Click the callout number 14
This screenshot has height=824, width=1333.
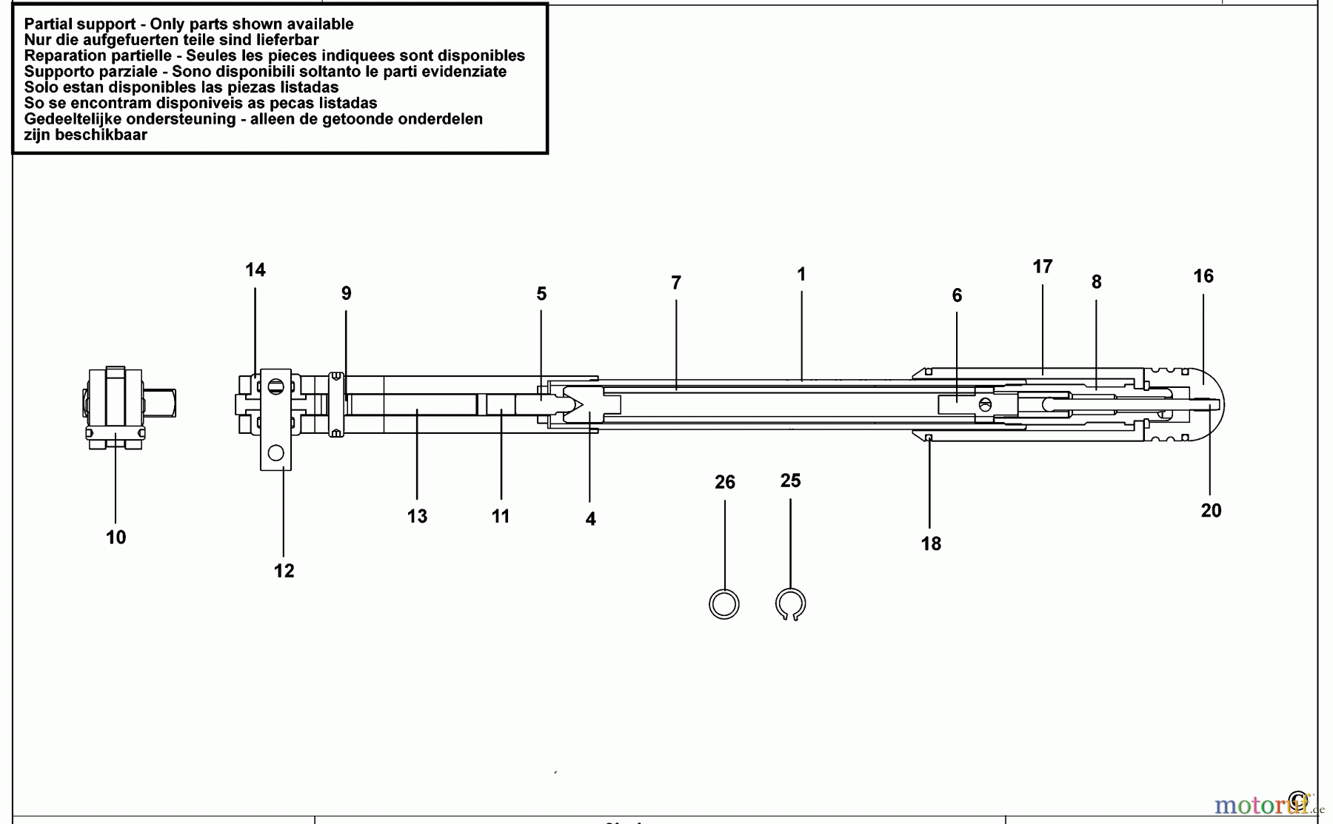[x=255, y=270]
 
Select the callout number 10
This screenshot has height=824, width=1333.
[x=116, y=537]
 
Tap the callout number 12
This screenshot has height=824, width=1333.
[x=284, y=571]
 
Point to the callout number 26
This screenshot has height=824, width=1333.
[x=725, y=483]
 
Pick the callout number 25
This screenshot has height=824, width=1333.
[x=791, y=481]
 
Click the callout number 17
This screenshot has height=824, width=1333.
[x=1043, y=267]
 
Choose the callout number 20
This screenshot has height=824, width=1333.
[x=1212, y=511]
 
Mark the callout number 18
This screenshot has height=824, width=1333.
[x=932, y=544]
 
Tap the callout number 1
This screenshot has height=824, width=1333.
[x=801, y=275]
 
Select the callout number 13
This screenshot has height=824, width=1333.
[x=418, y=517]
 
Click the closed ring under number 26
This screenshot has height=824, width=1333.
[x=724, y=604]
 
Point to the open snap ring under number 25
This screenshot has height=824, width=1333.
[x=791, y=604]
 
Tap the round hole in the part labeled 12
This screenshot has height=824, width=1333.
[x=276, y=452]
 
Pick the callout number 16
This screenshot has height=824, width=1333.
[x=1203, y=276]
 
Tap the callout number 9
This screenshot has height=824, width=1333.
[x=347, y=293]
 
